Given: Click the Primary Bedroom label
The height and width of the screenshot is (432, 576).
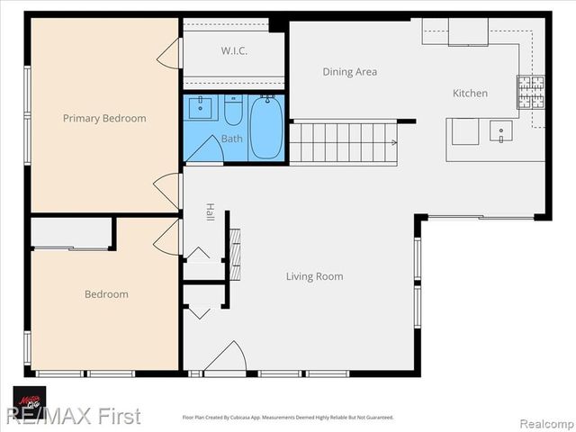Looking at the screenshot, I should [104, 118].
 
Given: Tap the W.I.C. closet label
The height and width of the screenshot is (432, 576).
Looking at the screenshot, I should [234, 51].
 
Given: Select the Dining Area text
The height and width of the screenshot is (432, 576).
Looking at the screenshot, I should [350, 71].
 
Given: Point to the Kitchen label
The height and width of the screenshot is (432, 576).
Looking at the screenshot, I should [470, 93].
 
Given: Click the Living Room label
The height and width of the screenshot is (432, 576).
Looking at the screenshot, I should [314, 276].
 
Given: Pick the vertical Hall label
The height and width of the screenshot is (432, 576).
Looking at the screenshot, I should [210, 212].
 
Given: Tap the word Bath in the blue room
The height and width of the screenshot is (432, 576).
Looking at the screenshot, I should [232, 139].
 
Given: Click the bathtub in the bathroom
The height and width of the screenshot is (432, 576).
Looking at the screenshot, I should [265, 127].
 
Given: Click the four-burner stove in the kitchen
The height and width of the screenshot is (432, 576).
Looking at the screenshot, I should [530, 92].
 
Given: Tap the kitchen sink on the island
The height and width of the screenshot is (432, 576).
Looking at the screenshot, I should [501, 131].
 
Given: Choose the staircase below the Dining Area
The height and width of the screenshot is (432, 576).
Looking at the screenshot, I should [342, 142].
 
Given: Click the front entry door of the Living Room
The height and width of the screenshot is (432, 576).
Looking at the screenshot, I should [225, 359].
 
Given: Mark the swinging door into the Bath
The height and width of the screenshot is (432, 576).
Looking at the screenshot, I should [203, 150].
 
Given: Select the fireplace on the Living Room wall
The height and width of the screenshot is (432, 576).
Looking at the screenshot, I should [235, 255].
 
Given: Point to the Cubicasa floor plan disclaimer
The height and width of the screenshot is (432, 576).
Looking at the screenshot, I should [288, 418].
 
